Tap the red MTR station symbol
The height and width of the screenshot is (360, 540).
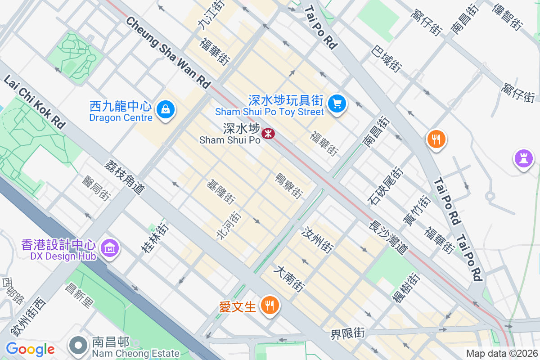click(x=269, y=133)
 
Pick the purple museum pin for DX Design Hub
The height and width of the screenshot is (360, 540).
click(x=110, y=247)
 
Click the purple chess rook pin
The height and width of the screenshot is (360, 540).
click(x=523, y=159)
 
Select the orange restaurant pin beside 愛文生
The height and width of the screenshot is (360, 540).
click(x=270, y=306)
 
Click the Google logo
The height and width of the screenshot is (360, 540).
click(x=30, y=349)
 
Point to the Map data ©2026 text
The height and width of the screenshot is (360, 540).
click(x=502, y=354)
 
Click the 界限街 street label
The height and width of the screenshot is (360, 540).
click(x=347, y=333)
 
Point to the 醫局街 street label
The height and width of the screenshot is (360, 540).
click(x=96, y=187)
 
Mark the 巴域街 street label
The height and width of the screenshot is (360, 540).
click(x=387, y=59)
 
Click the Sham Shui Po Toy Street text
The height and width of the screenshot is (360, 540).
click(x=270, y=112)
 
